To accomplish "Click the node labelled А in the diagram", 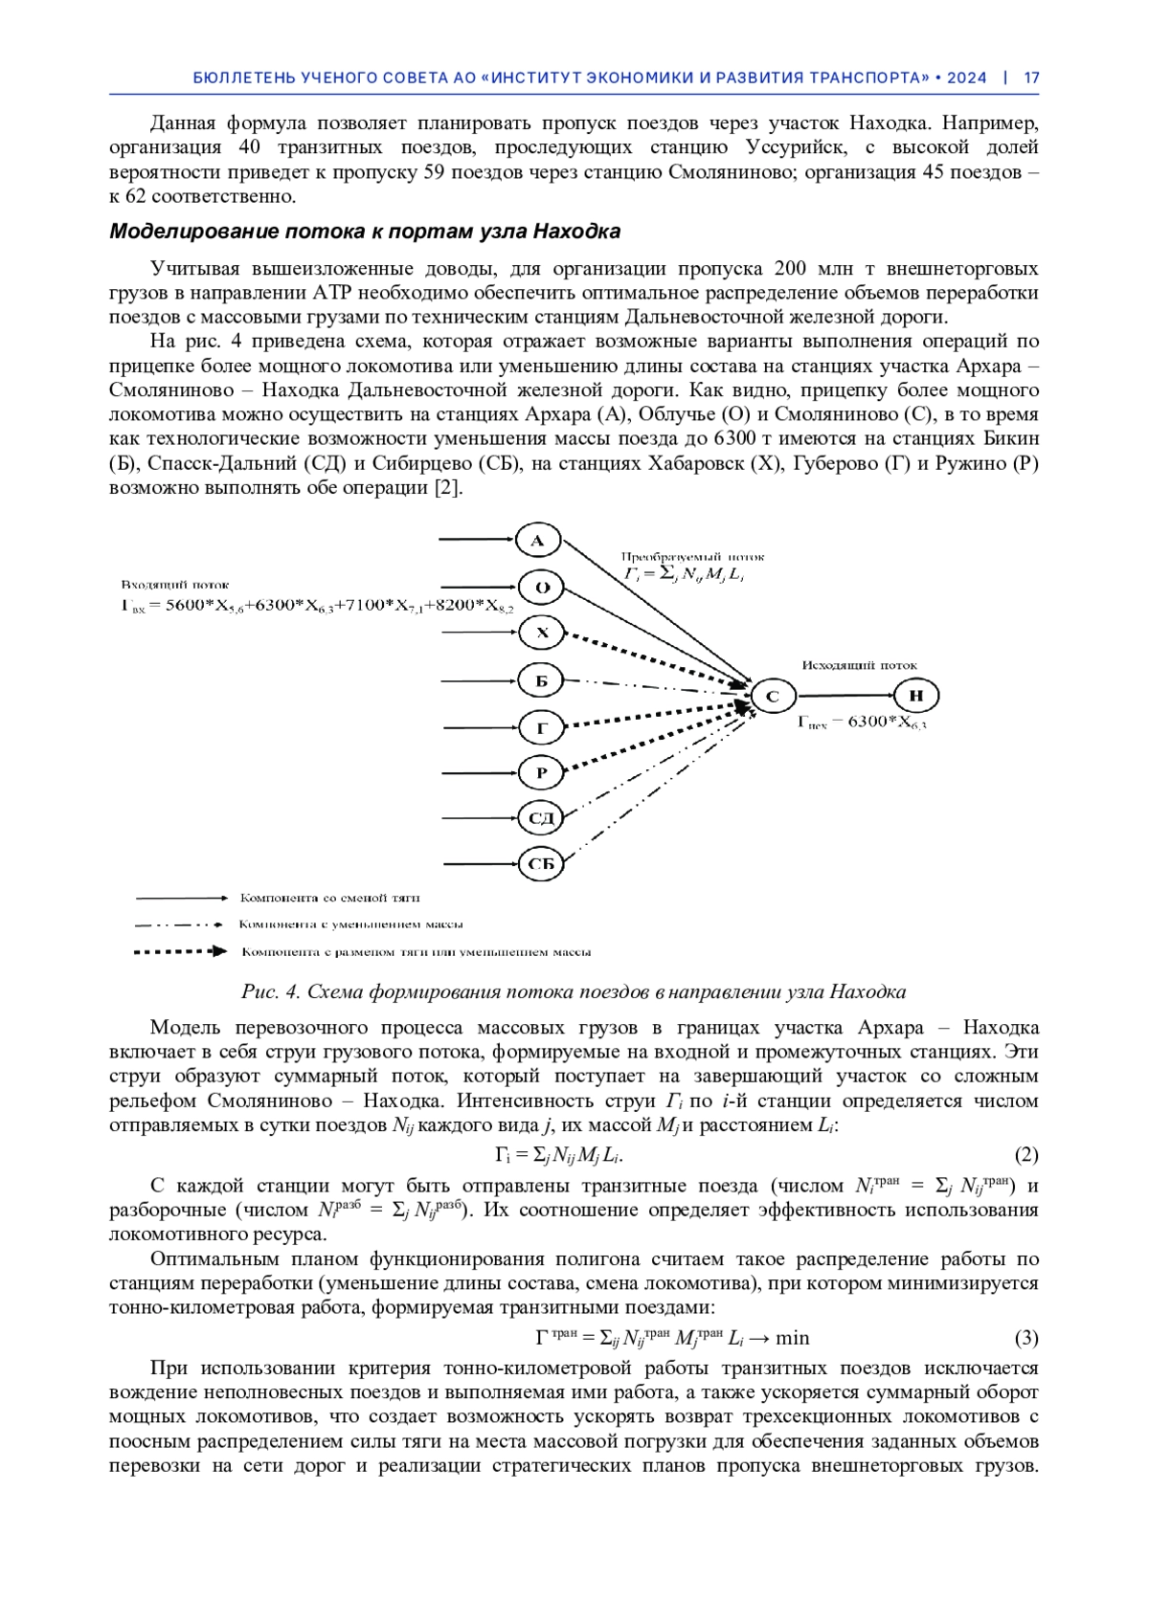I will [x=537, y=541].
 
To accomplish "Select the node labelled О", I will [x=541, y=588].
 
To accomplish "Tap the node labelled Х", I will [x=541, y=634].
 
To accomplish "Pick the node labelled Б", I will [x=541, y=681].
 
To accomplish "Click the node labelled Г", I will [x=541, y=728].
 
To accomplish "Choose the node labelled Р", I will [x=541, y=772].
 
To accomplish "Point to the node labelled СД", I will [x=541, y=818].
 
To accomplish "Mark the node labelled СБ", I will [x=541, y=865].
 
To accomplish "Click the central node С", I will [x=773, y=697].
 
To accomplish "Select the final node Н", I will [x=915, y=696].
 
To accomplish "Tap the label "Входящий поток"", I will [x=174, y=585].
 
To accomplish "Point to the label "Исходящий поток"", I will [x=859, y=665].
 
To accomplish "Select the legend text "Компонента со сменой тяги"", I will [x=329, y=898].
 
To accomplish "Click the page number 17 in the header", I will [x=1031, y=78].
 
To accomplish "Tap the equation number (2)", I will [x=1025, y=1155].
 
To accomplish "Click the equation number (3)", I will [x=1025, y=1338].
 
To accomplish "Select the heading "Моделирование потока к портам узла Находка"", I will [x=365, y=232].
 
